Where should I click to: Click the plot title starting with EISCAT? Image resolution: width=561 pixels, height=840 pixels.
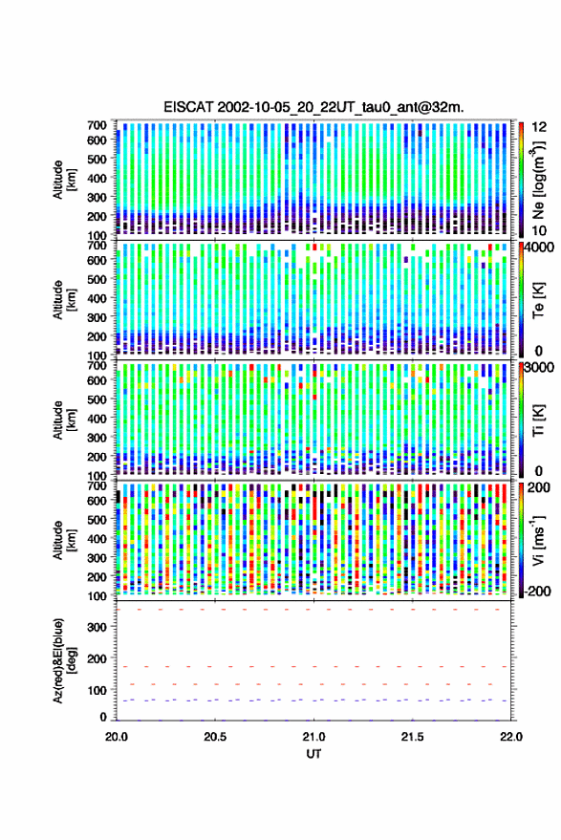[313, 107]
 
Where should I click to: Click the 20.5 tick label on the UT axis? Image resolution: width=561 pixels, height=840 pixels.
[215, 737]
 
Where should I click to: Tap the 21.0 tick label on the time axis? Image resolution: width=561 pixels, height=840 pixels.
[314, 737]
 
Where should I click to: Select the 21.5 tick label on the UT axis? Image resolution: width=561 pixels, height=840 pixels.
[412, 737]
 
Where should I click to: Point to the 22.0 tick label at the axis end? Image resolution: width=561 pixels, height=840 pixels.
[510, 737]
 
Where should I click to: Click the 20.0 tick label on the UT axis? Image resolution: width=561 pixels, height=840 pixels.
[117, 737]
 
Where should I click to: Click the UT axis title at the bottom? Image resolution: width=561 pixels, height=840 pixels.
[313, 754]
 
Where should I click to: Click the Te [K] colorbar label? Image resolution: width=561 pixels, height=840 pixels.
[538, 301]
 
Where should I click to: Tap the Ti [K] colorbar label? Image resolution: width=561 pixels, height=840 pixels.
[538, 421]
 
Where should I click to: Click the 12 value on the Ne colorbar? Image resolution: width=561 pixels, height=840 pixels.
[540, 127]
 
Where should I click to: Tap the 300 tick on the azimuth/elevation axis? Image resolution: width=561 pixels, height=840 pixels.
[97, 627]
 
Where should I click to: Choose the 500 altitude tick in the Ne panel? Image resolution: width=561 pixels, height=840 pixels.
[97, 159]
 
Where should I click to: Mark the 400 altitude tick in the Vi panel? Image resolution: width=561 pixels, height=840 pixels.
[97, 538]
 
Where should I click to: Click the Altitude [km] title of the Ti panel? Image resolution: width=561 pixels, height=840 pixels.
[64, 421]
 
